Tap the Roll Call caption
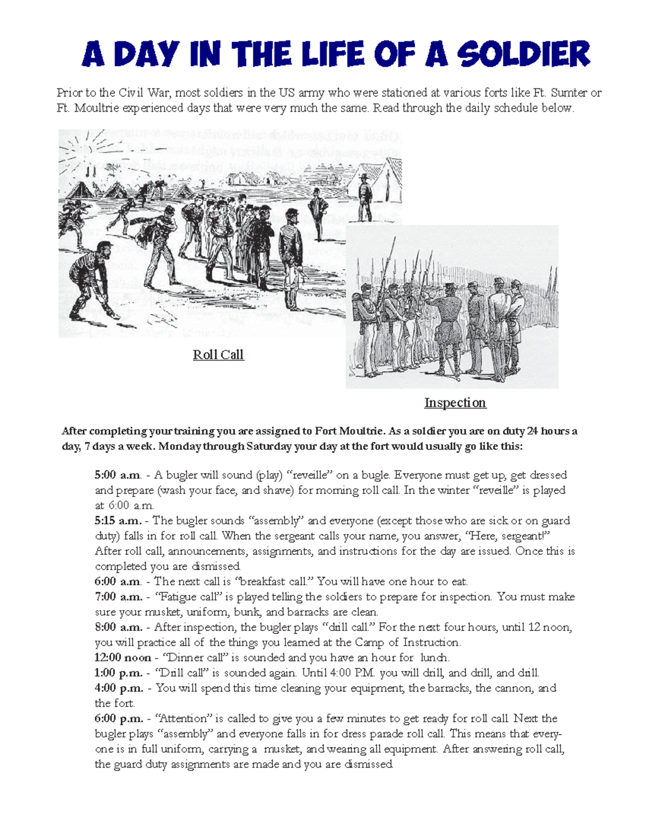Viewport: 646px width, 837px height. coord(218,355)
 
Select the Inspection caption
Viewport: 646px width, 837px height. coord(455,403)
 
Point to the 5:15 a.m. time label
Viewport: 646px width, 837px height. coord(118,521)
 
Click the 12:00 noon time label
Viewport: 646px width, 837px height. coord(123,658)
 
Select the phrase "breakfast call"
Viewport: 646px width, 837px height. coord(275,582)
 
